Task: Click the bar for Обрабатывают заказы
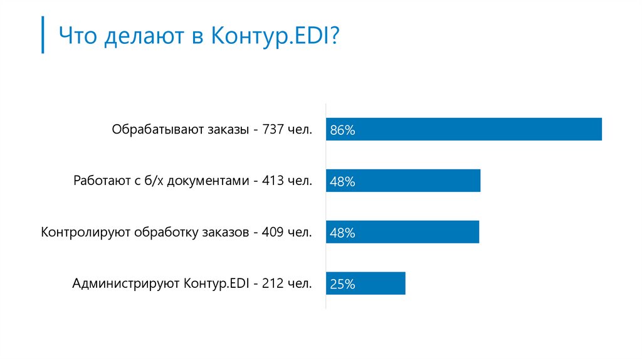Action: pyautogui.click(x=464, y=129)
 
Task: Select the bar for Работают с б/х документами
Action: pyautogui.click(x=403, y=181)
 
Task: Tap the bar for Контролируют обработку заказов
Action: pyautogui.click(x=403, y=232)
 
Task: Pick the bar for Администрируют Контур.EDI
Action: pyautogui.click(x=366, y=283)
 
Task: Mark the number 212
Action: pyautogui.click(x=274, y=283)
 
